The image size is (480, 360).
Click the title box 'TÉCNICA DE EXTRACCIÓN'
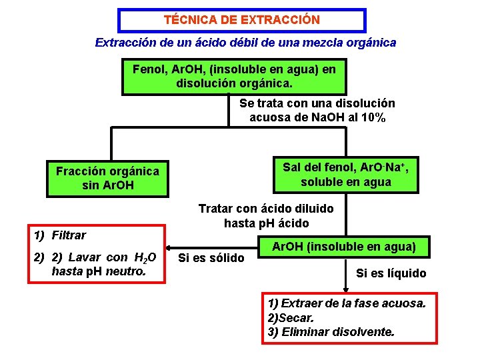(x=242, y=20)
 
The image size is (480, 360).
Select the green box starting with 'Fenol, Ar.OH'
(x=234, y=77)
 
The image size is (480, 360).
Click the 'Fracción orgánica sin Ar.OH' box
(x=107, y=178)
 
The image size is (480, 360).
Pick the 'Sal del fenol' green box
(x=345, y=174)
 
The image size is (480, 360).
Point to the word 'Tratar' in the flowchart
(x=215, y=209)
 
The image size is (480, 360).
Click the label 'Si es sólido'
(x=213, y=257)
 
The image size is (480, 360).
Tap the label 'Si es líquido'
(x=391, y=273)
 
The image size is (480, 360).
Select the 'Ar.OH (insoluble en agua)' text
(x=343, y=247)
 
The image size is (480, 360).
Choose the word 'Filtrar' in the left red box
(x=69, y=235)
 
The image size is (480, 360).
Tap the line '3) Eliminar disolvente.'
(x=331, y=331)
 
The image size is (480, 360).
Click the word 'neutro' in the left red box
(x=132, y=271)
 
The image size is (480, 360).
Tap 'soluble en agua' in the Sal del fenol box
(x=345, y=182)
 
